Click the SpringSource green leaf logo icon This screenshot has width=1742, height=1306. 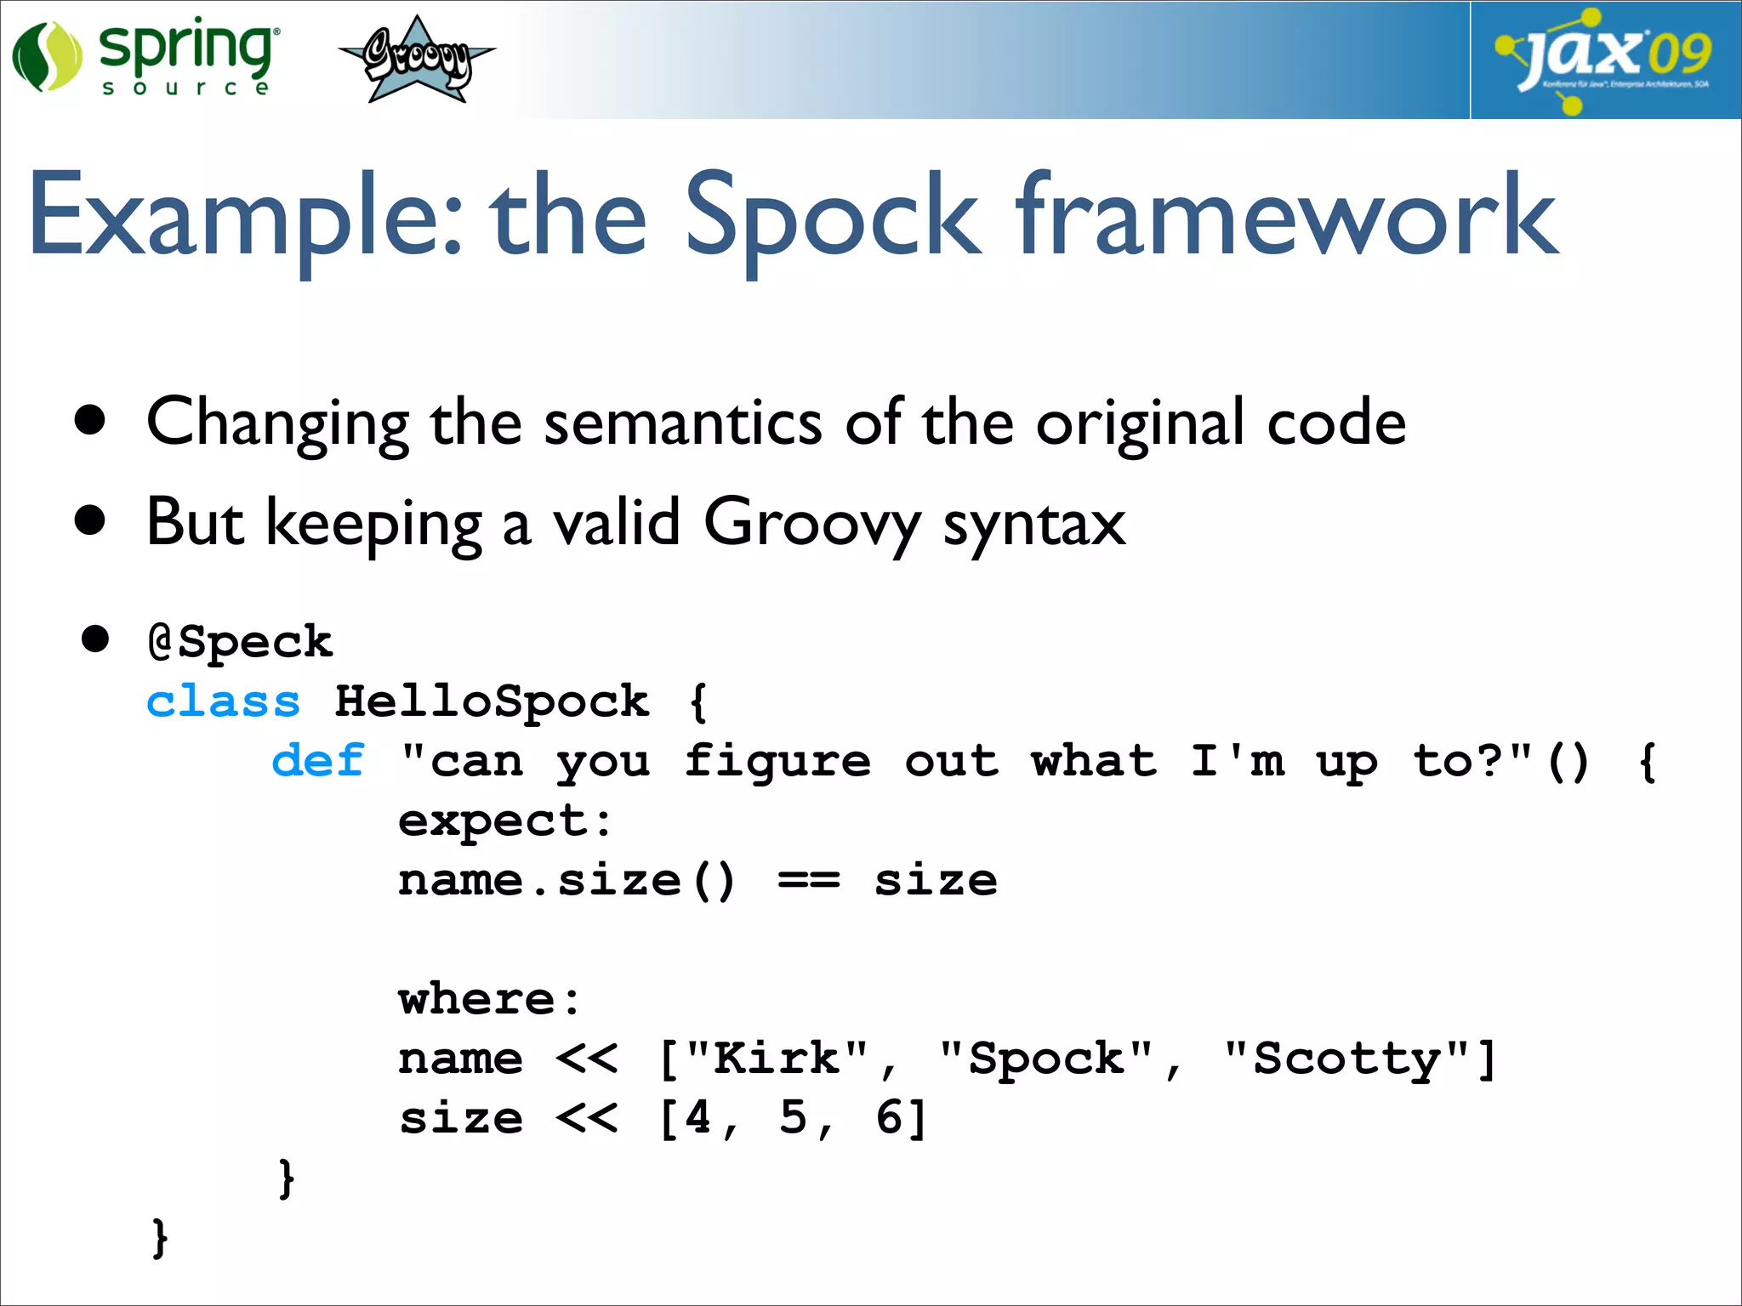click(x=47, y=58)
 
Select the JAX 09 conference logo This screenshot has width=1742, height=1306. click(x=1603, y=60)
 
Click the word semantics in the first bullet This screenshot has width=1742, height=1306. click(x=682, y=423)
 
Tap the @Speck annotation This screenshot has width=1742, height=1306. click(x=240, y=642)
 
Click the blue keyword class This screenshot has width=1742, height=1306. click(x=223, y=702)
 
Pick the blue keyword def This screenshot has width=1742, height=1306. click(x=318, y=761)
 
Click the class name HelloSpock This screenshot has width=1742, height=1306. click(x=492, y=702)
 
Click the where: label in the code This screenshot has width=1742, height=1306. click(x=489, y=999)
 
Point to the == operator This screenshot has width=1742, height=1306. click(x=808, y=881)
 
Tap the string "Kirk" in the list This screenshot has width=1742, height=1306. click(x=777, y=1059)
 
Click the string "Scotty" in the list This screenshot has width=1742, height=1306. click(x=1347, y=1059)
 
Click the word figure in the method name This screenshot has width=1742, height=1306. click(x=777, y=761)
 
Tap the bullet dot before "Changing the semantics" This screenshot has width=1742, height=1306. click(x=90, y=420)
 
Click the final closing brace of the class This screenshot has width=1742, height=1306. click(x=159, y=1238)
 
